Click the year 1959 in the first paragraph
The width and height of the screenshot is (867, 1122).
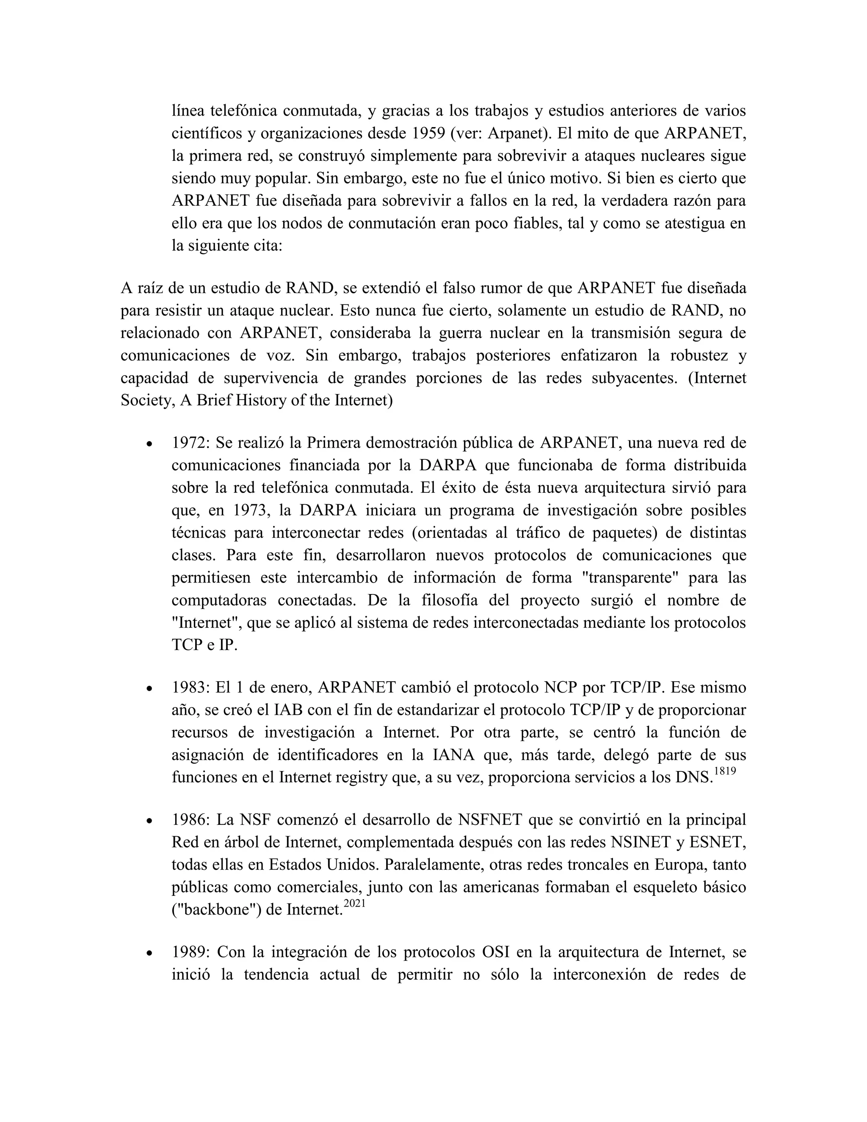[428, 133]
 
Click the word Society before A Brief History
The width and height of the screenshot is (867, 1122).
[145, 401]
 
